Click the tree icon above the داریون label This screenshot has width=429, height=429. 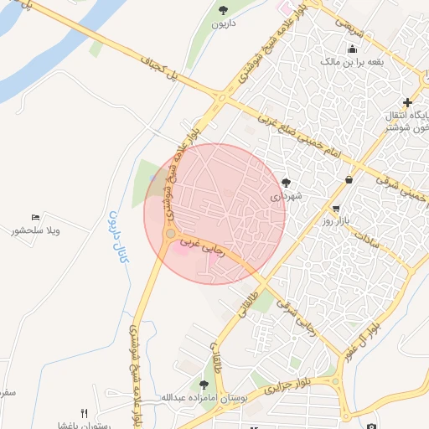[x=223, y=10]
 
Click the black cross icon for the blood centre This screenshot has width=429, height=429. [x=407, y=101]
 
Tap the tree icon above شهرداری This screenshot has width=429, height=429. [x=287, y=181]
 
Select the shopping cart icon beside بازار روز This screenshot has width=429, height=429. [x=336, y=208]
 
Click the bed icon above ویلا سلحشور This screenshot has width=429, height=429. [x=34, y=217]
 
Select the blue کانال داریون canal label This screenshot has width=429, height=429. [x=117, y=237]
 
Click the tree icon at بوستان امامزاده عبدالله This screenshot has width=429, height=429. [x=204, y=385]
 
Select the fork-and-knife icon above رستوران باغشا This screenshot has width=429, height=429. [x=83, y=413]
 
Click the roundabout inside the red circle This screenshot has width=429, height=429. [x=170, y=234]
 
